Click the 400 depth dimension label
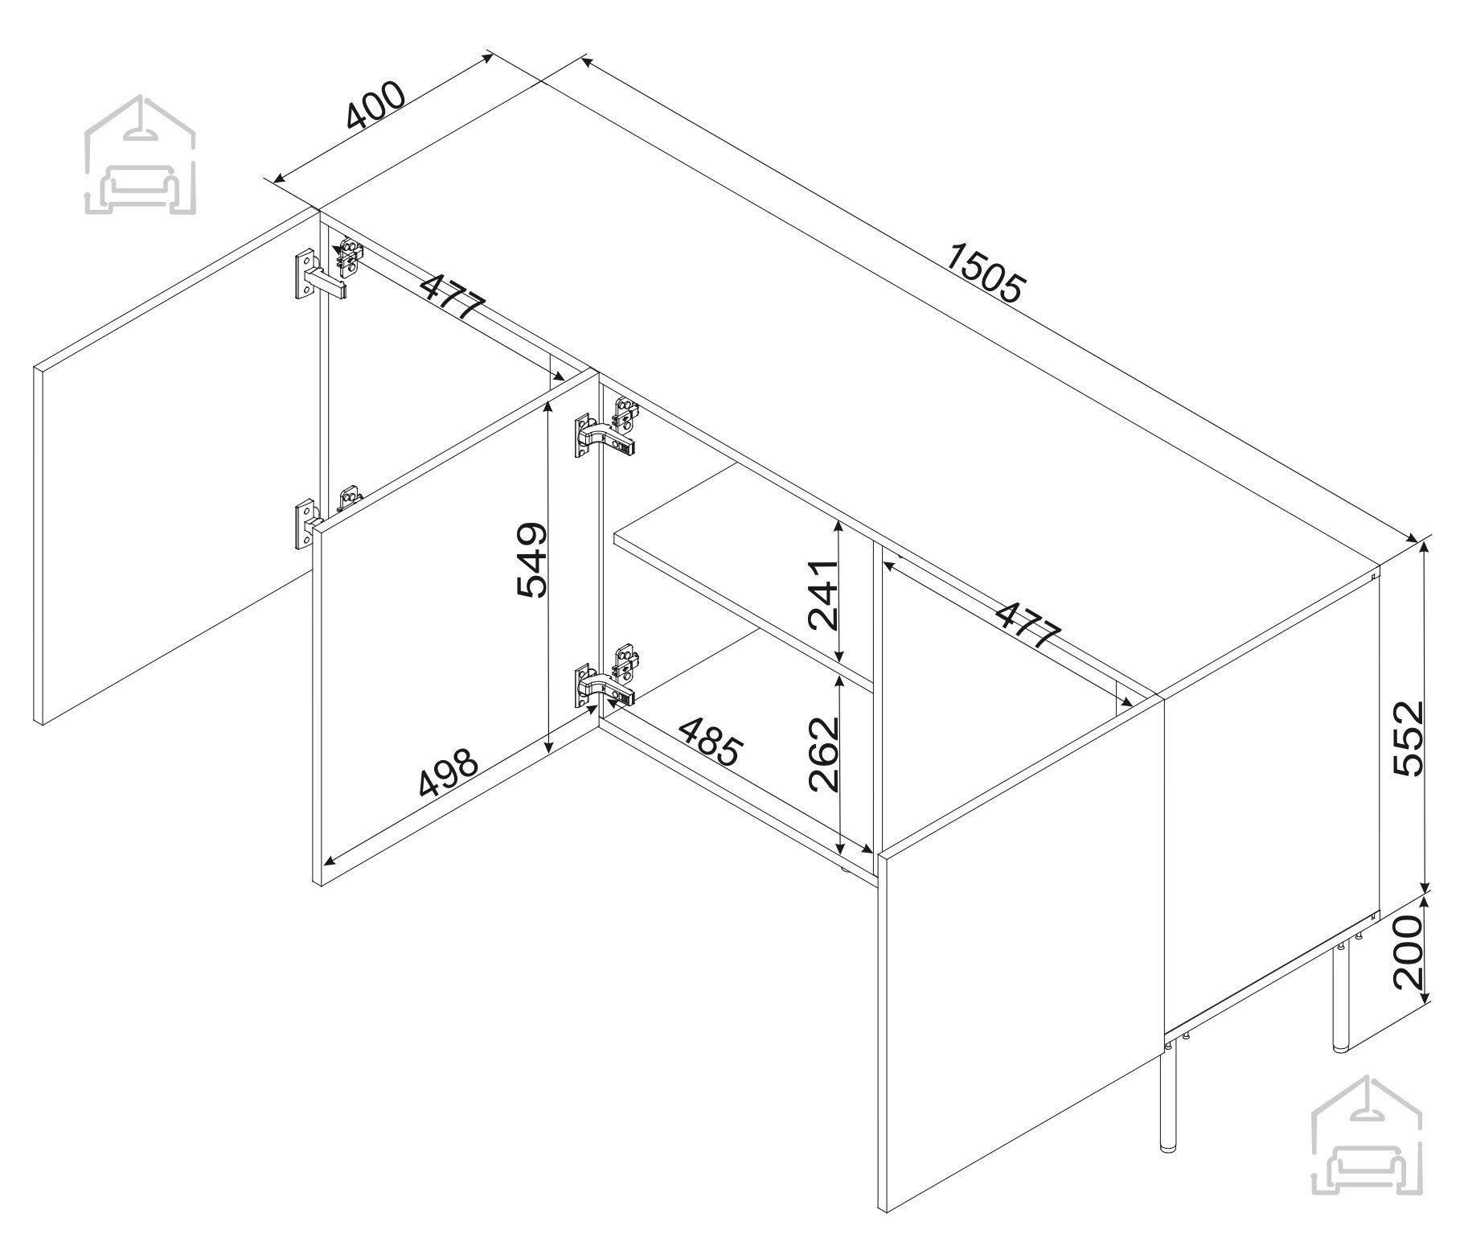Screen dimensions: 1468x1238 click(x=375, y=106)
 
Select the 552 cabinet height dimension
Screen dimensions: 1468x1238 click(x=1408, y=738)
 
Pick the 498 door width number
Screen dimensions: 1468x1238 click(x=448, y=772)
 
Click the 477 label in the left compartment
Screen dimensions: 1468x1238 click(x=453, y=296)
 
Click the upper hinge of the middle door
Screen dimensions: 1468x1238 click(x=607, y=430)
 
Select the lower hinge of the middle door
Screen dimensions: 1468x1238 click(x=607, y=677)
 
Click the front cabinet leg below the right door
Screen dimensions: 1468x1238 click(x=1167, y=1107)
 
